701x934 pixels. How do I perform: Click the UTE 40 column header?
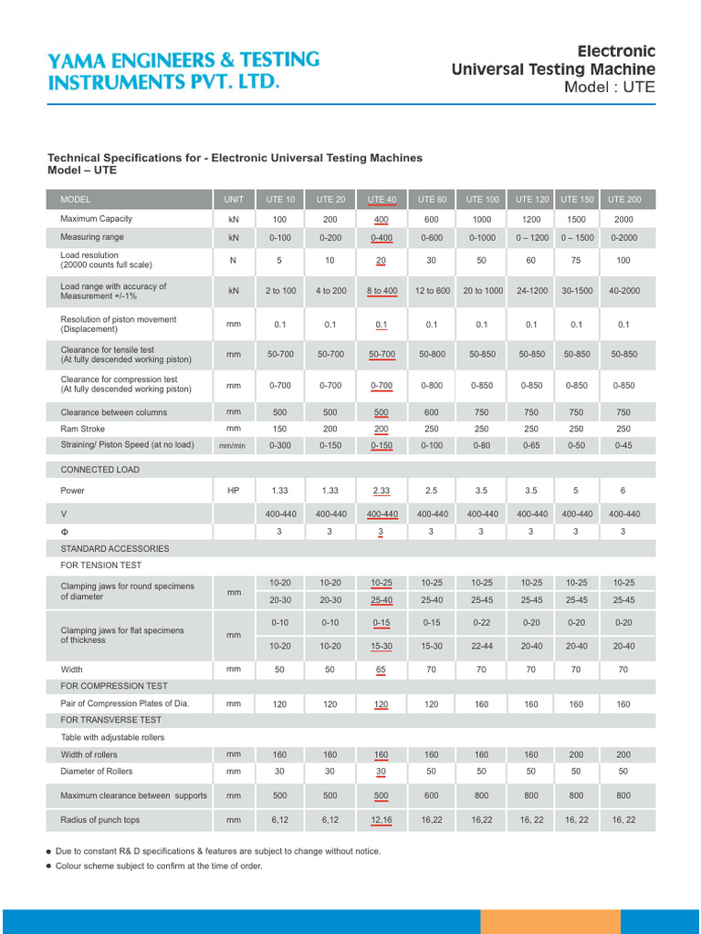382,200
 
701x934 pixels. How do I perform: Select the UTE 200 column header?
624,200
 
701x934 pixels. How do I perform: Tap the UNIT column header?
234,200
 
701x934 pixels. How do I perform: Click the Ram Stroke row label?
83,429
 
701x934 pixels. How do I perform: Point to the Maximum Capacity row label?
97,219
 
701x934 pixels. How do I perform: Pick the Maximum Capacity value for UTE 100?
482,220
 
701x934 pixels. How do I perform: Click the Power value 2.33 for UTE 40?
382,491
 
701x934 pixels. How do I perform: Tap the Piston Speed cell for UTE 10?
279,445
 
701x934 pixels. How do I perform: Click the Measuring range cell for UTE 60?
432,237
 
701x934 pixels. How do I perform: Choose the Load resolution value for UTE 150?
577,260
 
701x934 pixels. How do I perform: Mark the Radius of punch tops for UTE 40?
382,821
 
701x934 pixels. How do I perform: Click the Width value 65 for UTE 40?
382,669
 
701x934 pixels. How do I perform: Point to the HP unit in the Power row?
234,491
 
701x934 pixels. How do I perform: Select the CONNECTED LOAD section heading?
99,470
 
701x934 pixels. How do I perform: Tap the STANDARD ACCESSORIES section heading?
115,548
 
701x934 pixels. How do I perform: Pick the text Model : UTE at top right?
610,88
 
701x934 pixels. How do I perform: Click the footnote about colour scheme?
159,866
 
